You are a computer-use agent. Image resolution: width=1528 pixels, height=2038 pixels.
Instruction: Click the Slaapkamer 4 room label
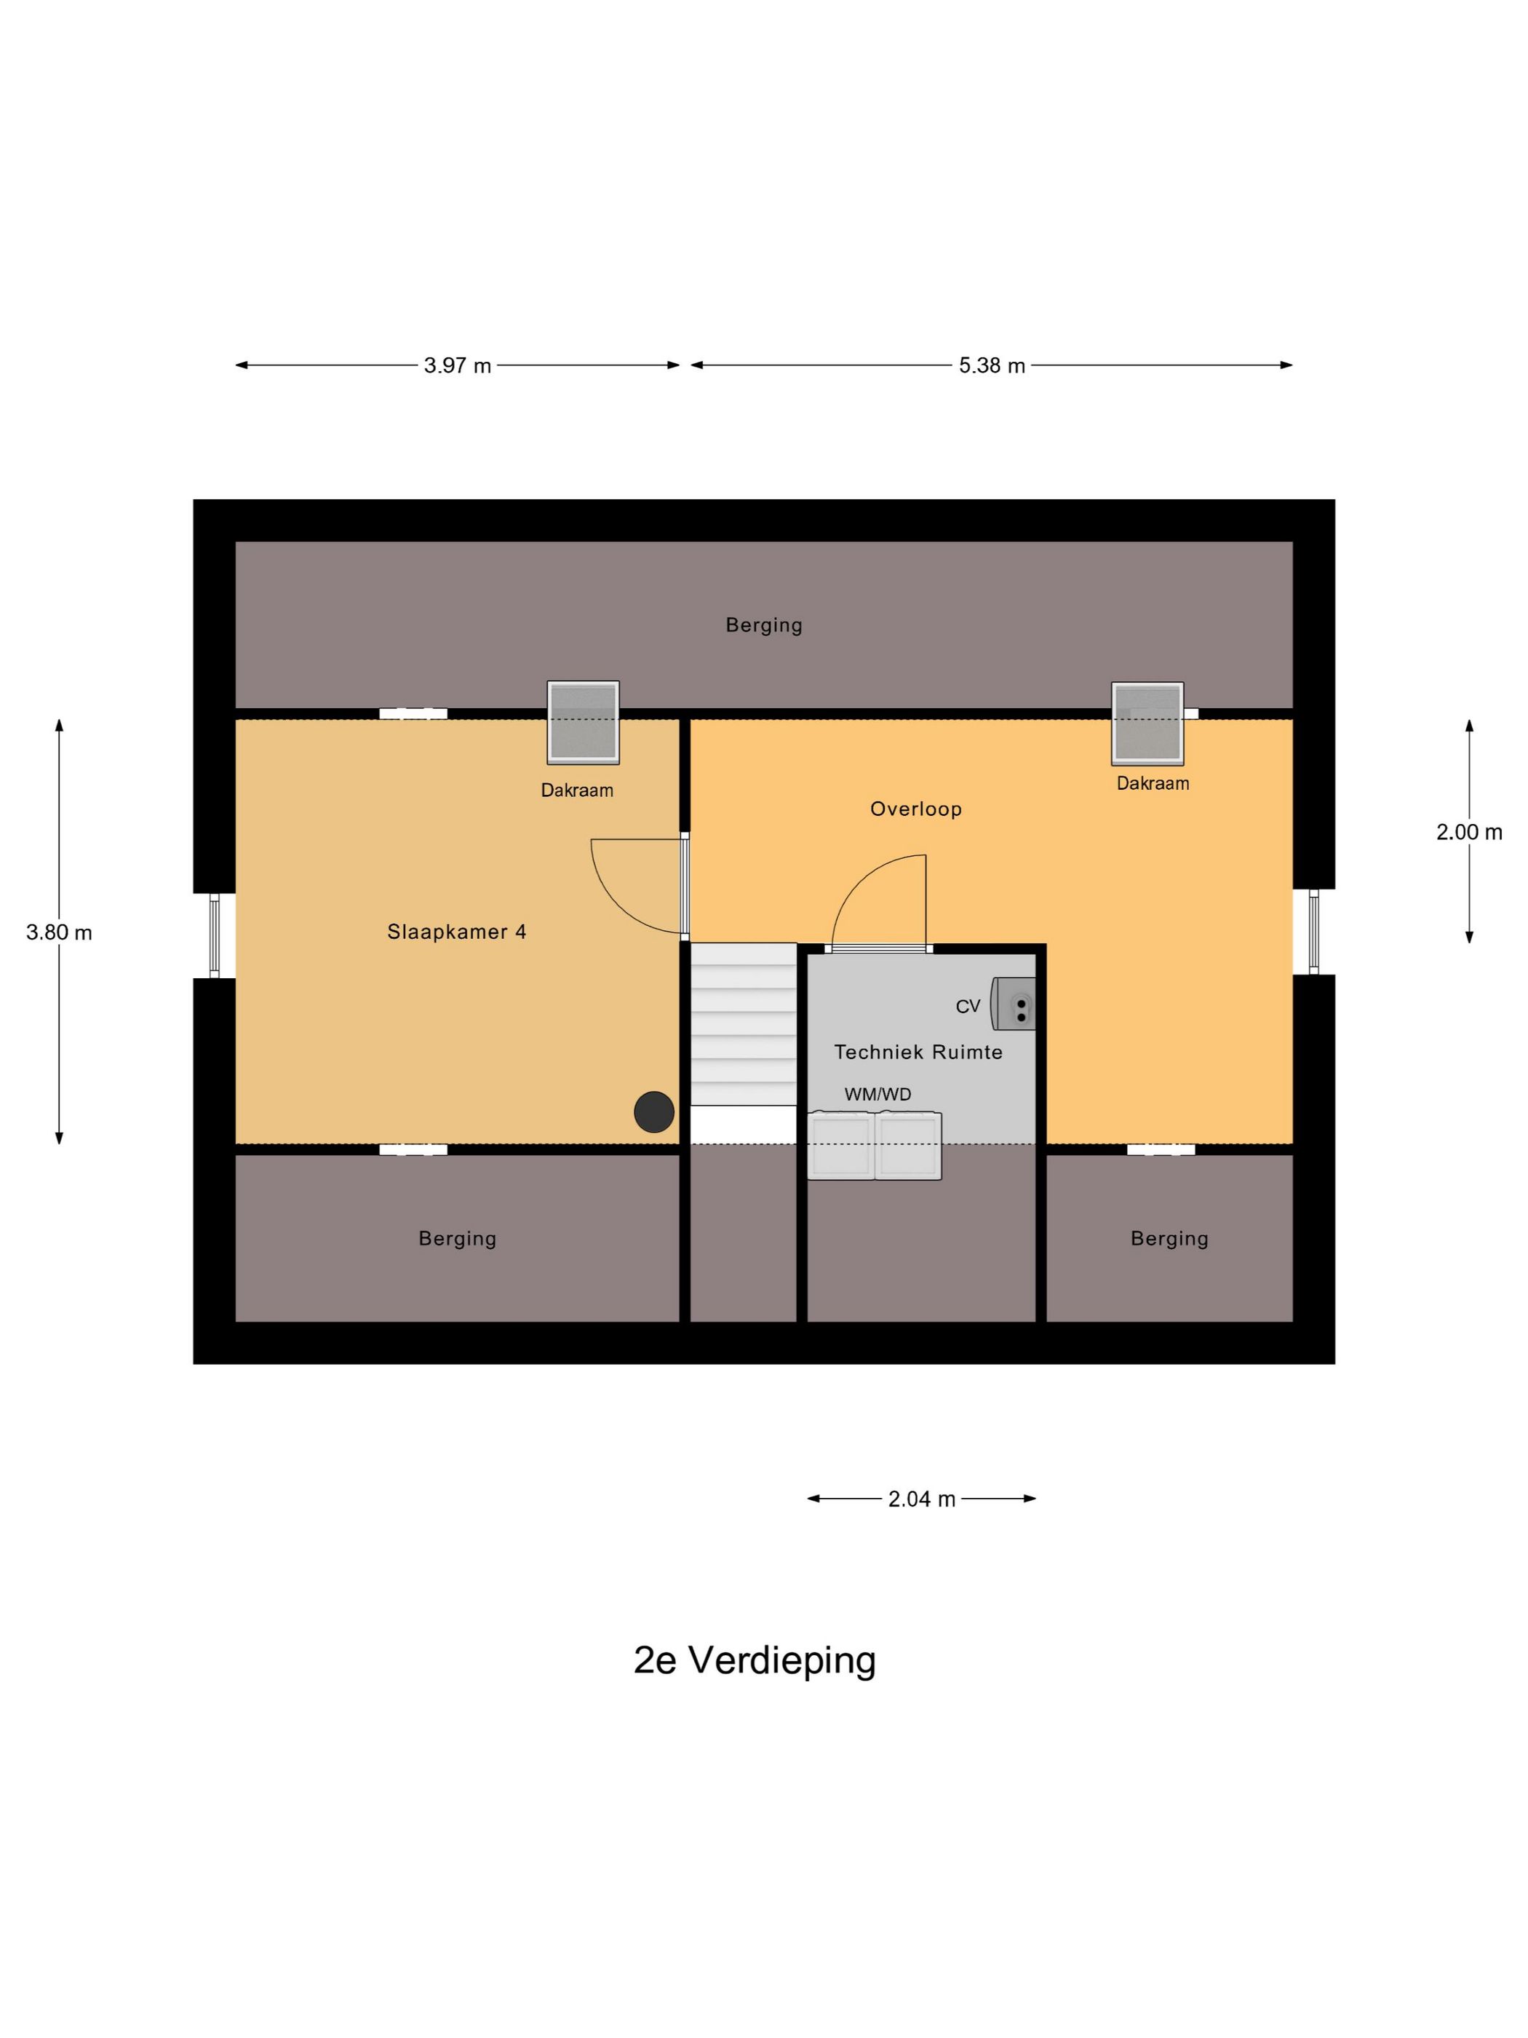456,932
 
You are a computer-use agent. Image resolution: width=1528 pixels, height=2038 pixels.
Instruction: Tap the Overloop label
915,809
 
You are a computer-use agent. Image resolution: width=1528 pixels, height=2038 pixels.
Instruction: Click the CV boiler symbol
1013,1003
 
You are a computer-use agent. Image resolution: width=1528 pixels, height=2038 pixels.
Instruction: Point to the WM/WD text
877,1095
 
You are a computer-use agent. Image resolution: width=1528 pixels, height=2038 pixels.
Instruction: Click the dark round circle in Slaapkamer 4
654,1112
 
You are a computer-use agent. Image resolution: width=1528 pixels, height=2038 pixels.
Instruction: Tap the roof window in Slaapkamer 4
583,723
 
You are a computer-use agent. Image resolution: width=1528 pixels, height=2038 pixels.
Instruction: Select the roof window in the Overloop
1147,724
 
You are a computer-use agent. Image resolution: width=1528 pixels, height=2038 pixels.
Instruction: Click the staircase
744,1023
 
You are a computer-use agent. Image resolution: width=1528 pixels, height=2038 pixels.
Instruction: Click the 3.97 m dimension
457,366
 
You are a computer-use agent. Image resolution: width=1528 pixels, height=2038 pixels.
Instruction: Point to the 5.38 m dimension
991,366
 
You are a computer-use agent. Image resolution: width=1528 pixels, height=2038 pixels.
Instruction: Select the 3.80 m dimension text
59,932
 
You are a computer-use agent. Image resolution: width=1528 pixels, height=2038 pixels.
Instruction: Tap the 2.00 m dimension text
1468,832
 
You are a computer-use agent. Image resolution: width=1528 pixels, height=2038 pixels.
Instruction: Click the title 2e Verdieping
755,1660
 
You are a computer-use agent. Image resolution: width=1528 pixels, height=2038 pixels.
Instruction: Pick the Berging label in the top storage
763,625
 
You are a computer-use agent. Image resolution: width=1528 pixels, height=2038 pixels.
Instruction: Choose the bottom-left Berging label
457,1238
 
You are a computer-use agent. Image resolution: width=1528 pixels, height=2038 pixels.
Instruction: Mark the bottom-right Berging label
1169,1238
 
